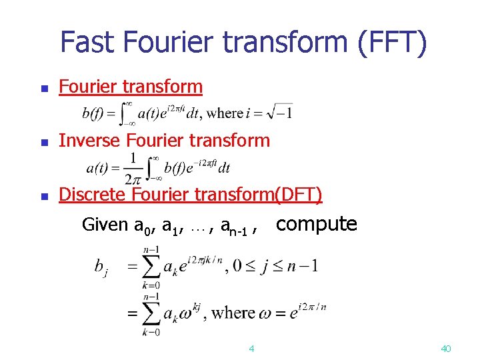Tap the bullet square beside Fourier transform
click(44, 88)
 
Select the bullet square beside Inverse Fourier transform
click(44, 142)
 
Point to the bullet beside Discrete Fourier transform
click(44, 197)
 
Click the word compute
click(317, 224)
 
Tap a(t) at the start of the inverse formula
click(100, 167)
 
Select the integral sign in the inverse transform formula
click(154, 167)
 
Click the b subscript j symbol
click(100, 269)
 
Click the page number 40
click(446, 348)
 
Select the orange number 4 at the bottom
click(251, 348)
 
